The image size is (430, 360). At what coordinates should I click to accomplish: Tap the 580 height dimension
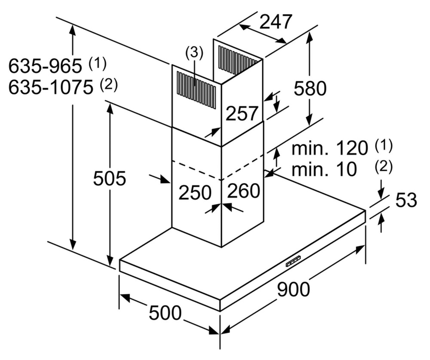pyautogui.click(x=310, y=88)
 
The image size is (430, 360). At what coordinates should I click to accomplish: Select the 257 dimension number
pyautogui.click(x=242, y=114)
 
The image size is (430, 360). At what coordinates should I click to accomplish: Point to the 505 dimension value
pyautogui.click(x=109, y=178)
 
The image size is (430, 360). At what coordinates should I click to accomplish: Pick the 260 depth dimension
pyautogui.click(x=243, y=191)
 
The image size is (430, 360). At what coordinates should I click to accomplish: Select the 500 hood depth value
pyautogui.click(x=165, y=313)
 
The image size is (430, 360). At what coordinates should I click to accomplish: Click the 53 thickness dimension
pyautogui.click(x=406, y=200)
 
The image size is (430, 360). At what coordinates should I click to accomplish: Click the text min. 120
pyautogui.click(x=330, y=149)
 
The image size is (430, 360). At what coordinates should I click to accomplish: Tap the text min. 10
pyautogui.click(x=324, y=169)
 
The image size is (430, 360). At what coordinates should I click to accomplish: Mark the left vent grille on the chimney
pyautogui.click(x=196, y=89)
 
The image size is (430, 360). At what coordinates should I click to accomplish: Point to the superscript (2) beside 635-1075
pyautogui.click(x=108, y=85)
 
